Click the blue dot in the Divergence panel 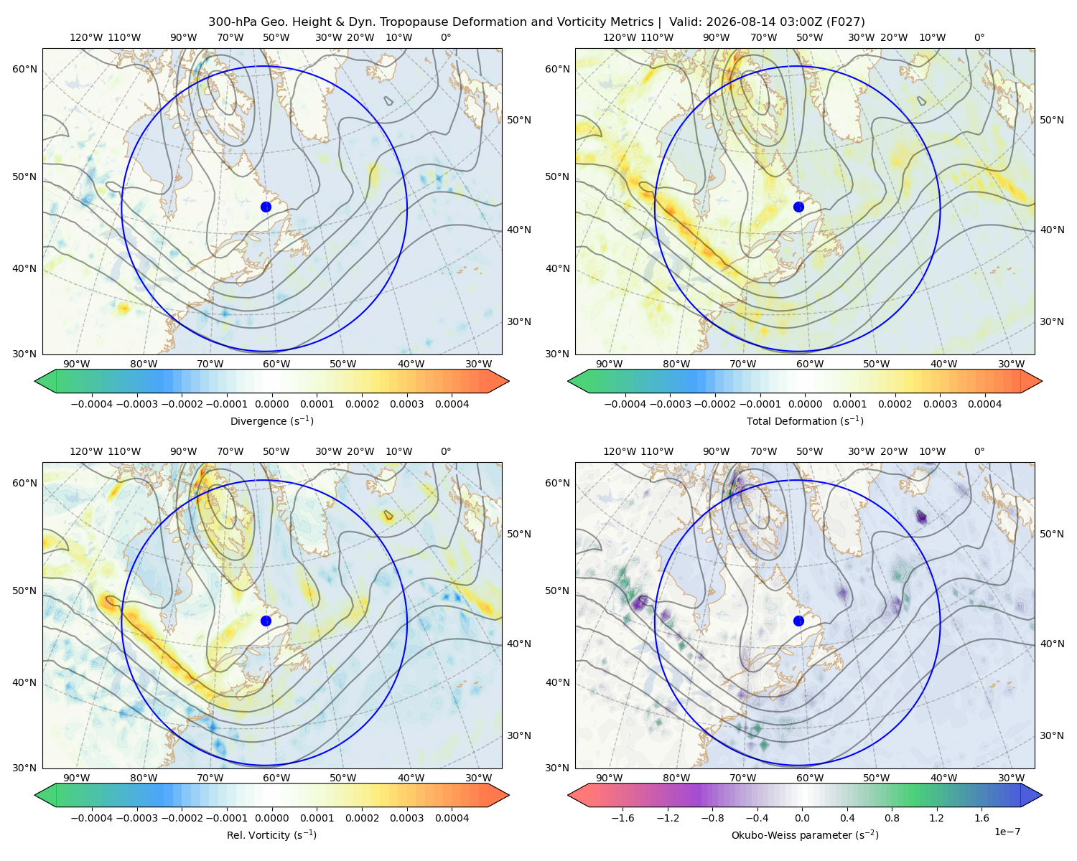[266, 207]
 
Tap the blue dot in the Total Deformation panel [798, 207]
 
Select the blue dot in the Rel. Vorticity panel [266, 621]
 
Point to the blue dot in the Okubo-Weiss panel [798, 621]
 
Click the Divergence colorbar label [271, 421]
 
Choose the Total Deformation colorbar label [805, 421]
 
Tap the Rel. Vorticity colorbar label [271, 835]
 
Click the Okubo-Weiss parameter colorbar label [805, 835]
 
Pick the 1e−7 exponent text [1007, 832]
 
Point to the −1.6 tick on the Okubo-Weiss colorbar [623, 819]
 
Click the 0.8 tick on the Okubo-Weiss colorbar [892, 819]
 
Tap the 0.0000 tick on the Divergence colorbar [271, 404]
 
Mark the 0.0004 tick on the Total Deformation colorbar [985, 404]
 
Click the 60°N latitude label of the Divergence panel [24, 69]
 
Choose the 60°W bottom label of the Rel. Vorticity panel [276, 778]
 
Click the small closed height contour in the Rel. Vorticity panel [388, 514]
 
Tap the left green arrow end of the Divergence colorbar [45, 381]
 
